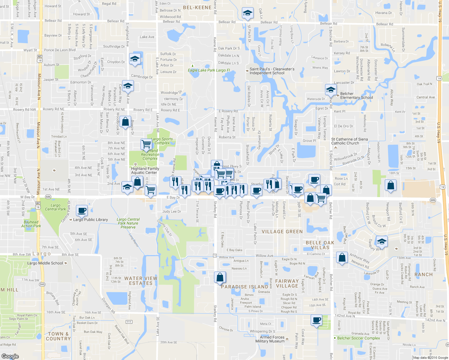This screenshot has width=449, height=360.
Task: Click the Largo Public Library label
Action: (x=90, y=220)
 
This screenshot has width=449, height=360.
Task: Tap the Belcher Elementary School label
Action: (x=357, y=95)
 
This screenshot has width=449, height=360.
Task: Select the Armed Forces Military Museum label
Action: (x=270, y=339)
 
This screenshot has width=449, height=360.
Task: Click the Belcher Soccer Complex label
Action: (x=358, y=338)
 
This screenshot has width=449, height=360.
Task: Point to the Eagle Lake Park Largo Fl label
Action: (x=209, y=70)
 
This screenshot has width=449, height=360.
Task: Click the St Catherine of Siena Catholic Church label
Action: (x=349, y=141)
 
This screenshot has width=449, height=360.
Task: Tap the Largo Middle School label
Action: (x=45, y=263)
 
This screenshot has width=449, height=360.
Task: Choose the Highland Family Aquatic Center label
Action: (x=145, y=170)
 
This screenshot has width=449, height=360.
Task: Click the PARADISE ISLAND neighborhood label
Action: (x=245, y=287)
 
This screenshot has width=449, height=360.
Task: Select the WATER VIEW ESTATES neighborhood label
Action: (x=141, y=280)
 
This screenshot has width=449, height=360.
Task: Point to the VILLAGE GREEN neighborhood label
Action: (x=282, y=232)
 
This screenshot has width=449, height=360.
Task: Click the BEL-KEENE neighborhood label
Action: (x=197, y=7)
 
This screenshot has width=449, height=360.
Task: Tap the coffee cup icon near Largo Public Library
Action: (x=82, y=211)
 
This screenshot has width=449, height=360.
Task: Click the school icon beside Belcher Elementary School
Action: (x=331, y=89)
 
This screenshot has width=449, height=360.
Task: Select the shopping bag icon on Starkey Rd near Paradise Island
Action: (x=220, y=277)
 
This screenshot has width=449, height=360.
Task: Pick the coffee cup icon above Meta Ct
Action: (x=316, y=320)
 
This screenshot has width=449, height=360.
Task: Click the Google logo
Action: (x=10, y=356)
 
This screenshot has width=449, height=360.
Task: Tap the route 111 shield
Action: (x=129, y=322)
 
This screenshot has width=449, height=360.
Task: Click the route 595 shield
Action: (x=42, y=284)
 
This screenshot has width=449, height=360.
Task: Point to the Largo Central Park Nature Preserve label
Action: (x=128, y=223)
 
